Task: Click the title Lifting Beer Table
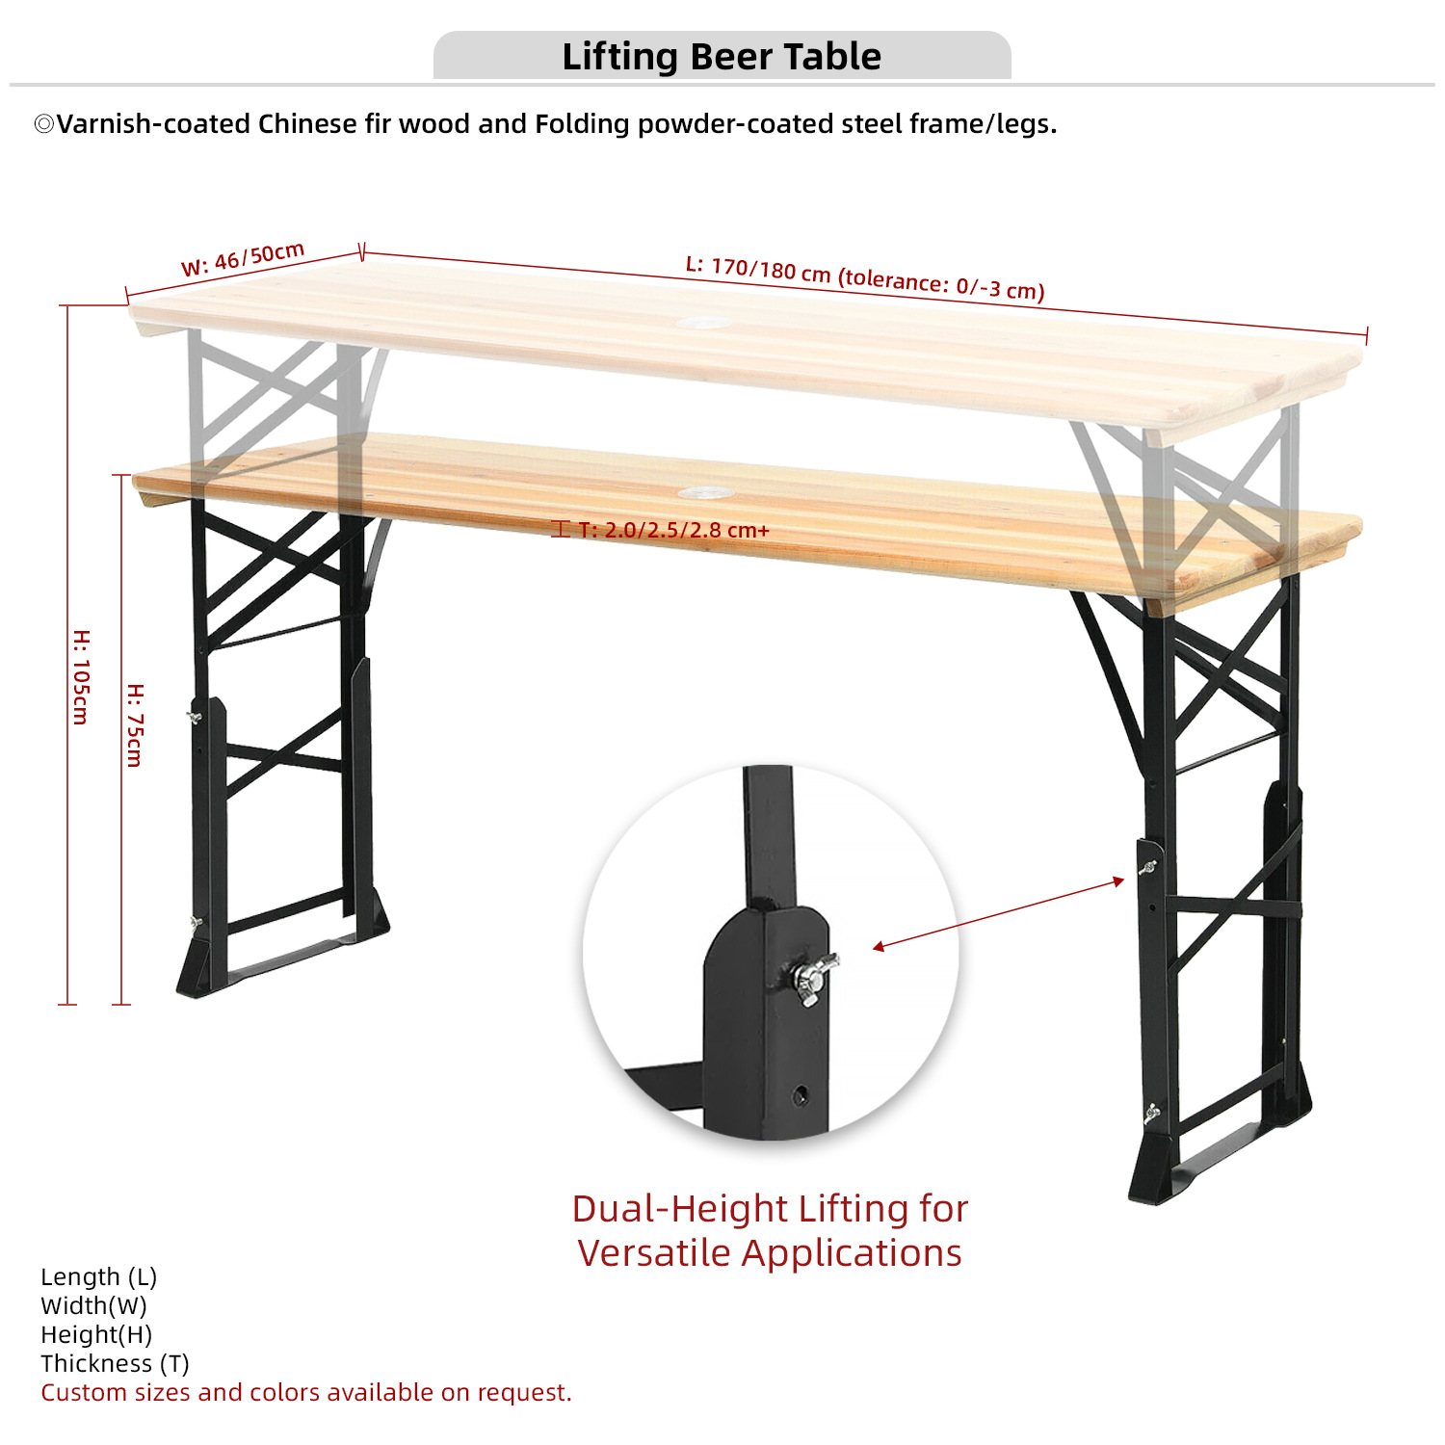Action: coord(722,57)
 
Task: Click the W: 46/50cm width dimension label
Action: coord(243,259)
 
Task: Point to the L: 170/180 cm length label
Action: coord(864,277)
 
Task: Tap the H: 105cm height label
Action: coord(82,677)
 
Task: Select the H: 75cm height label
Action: coord(136,725)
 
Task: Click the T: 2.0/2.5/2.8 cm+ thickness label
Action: coord(672,530)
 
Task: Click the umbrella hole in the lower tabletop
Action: coord(705,493)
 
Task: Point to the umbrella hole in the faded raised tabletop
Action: coord(704,322)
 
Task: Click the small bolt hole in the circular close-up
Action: coord(801,1094)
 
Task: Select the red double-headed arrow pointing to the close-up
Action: coord(998,914)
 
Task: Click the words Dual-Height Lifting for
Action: coord(770,1208)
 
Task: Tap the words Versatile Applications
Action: coord(770,1253)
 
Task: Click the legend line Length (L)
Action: coord(98,1276)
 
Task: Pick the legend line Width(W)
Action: coord(93,1305)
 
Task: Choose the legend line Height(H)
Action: coord(96,1334)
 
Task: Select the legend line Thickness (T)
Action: coord(115,1363)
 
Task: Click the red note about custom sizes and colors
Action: coord(306,1392)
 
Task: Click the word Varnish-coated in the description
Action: coord(153,124)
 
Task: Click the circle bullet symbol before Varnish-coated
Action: coord(44,124)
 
